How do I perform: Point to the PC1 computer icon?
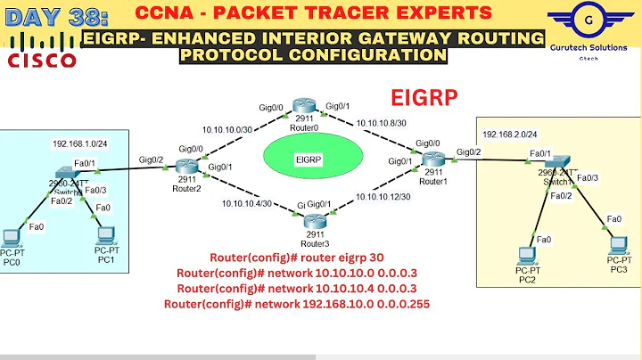(x=106, y=236)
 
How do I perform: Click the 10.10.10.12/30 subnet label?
(x=383, y=196)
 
